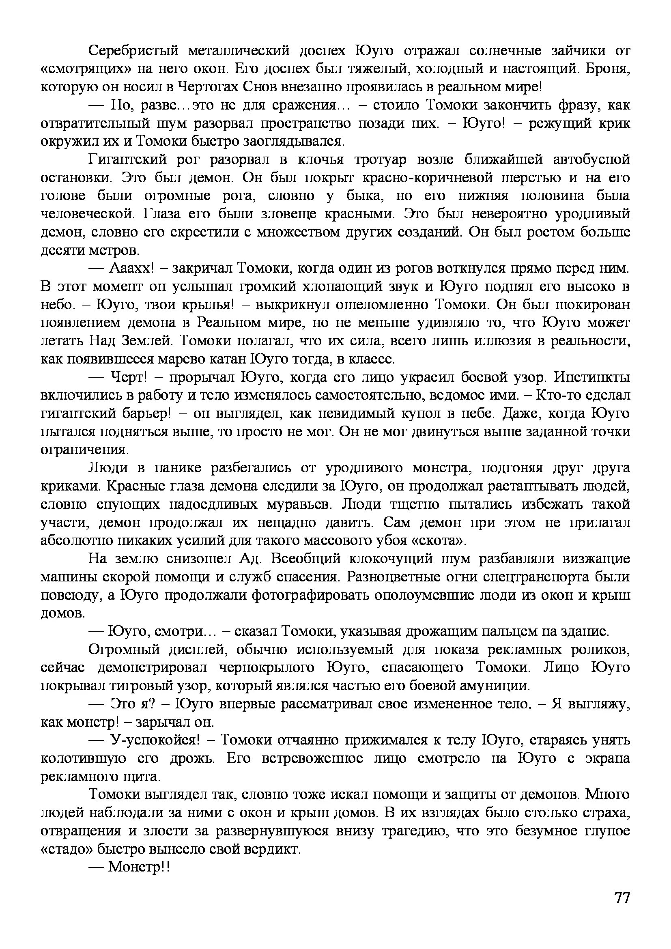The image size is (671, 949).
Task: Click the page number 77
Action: (622, 909)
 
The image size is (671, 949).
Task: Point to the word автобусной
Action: (591, 159)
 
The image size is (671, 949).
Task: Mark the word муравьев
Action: (304, 504)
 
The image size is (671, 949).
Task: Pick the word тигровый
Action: (132, 686)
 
